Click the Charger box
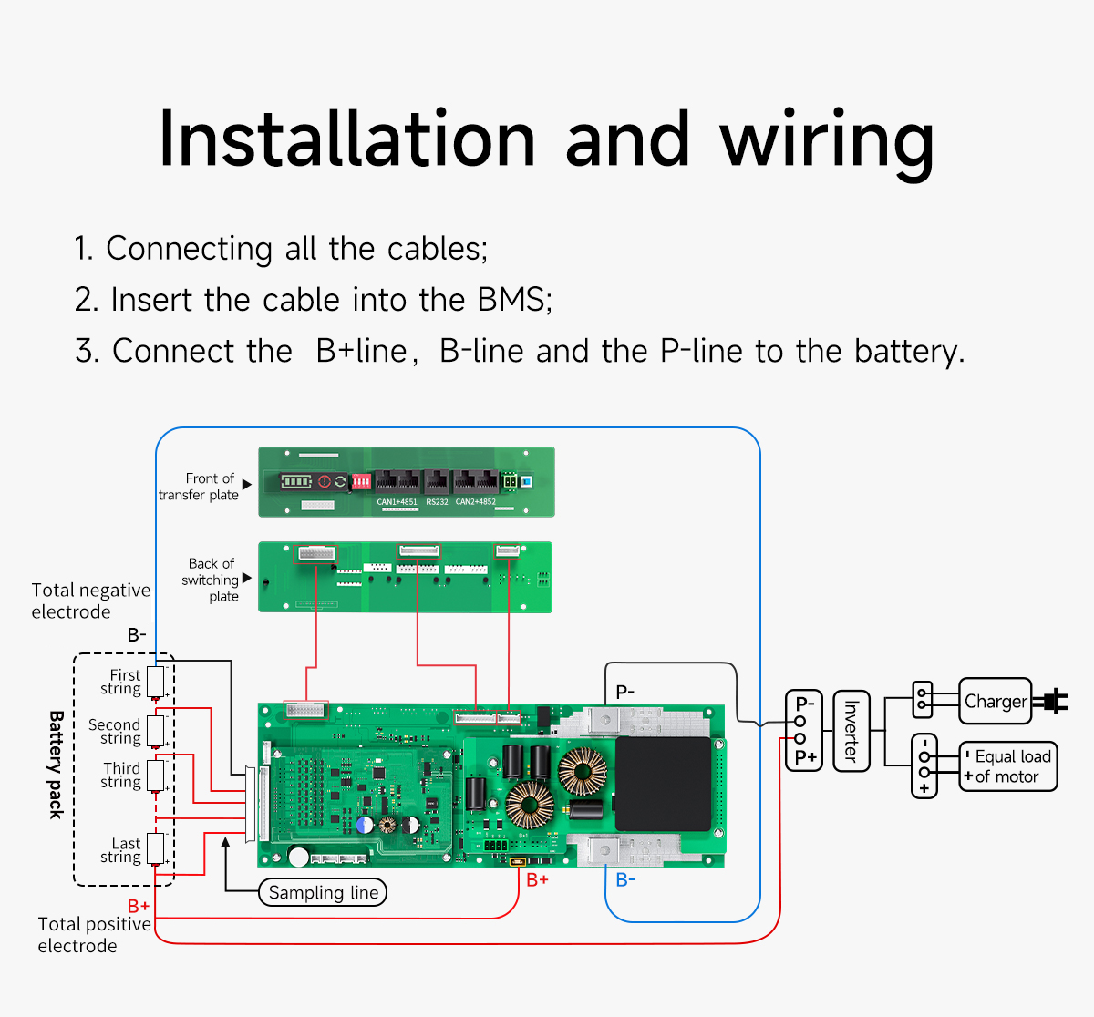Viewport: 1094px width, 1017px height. (x=995, y=701)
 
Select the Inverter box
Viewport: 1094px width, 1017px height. (x=851, y=731)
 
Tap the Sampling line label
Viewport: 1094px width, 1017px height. (x=323, y=892)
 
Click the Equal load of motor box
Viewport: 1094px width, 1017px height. (x=1008, y=766)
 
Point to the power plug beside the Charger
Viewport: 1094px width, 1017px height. (x=1052, y=701)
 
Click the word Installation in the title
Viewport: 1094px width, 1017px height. (x=346, y=139)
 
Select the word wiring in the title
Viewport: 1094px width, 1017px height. (x=827, y=139)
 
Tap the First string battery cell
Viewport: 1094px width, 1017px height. (x=156, y=681)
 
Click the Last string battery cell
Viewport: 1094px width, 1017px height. (x=156, y=848)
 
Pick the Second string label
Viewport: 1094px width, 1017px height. (x=115, y=731)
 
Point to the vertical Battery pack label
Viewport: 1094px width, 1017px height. (x=56, y=765)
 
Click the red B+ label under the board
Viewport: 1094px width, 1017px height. (x=537, y=880)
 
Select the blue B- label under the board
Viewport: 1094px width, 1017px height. (x=625, y=880)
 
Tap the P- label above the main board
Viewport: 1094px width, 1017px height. (x=624, y=692)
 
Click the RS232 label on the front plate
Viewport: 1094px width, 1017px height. (x=437, y=502)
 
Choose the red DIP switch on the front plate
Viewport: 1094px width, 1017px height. (x=361, y=481)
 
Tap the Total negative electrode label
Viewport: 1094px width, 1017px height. (x=90, y=601)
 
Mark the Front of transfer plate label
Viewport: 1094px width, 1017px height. (x=199, y=487)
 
